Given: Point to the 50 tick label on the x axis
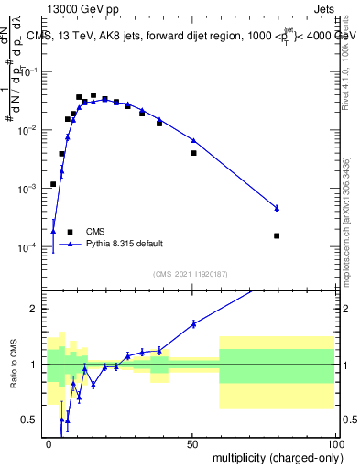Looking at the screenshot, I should [192, 442].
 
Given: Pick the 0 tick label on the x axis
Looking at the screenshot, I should [49, 442].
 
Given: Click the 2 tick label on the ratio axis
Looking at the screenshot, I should [35, 309].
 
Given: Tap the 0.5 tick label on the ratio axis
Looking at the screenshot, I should [30, 420].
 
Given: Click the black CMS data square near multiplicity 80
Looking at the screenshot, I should [277, 235].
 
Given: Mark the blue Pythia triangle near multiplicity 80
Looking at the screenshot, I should [277, 208].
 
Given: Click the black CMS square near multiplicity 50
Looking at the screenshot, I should [193, 153].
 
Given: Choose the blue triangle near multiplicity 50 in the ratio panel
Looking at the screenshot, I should [193, 323].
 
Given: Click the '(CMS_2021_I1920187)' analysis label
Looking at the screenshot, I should [190, 274].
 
